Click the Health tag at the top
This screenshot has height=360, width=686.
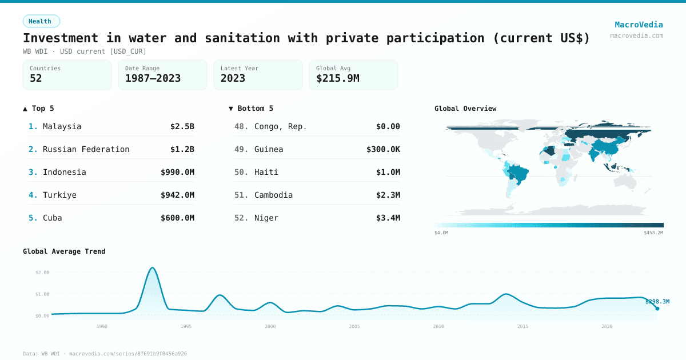tap(41, 21)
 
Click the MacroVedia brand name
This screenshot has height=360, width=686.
tap(639, 25)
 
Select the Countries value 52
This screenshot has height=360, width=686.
tap(36, 78)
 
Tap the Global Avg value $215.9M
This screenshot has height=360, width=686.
tap(337, 78)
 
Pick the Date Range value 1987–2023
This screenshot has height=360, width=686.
tap(153, 78)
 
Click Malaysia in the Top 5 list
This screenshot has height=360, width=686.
tap(62, 126)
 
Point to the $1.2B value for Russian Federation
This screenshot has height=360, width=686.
tap(182, 149)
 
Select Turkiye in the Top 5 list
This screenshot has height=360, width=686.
tap(59, 195)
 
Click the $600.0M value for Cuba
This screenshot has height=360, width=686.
tap(177, 218)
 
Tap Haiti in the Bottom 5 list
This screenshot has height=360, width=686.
tap(266, 172)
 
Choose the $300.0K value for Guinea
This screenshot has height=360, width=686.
tap(383, 149)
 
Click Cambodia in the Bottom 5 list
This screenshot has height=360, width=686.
tap(273, 195)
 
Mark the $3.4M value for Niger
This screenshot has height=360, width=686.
tap(388, 218)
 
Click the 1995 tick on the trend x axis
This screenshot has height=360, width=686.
tap(186, 326)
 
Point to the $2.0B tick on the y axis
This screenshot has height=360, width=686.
tap(42, 273)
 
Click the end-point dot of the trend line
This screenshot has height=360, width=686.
tap(657, 309)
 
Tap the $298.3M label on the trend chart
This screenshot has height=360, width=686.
tap(657, 302)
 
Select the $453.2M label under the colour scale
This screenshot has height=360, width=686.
tap(653, 233)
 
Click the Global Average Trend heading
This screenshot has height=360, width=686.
tap(64, 251)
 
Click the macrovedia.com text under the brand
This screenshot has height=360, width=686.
tap(636, 35)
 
